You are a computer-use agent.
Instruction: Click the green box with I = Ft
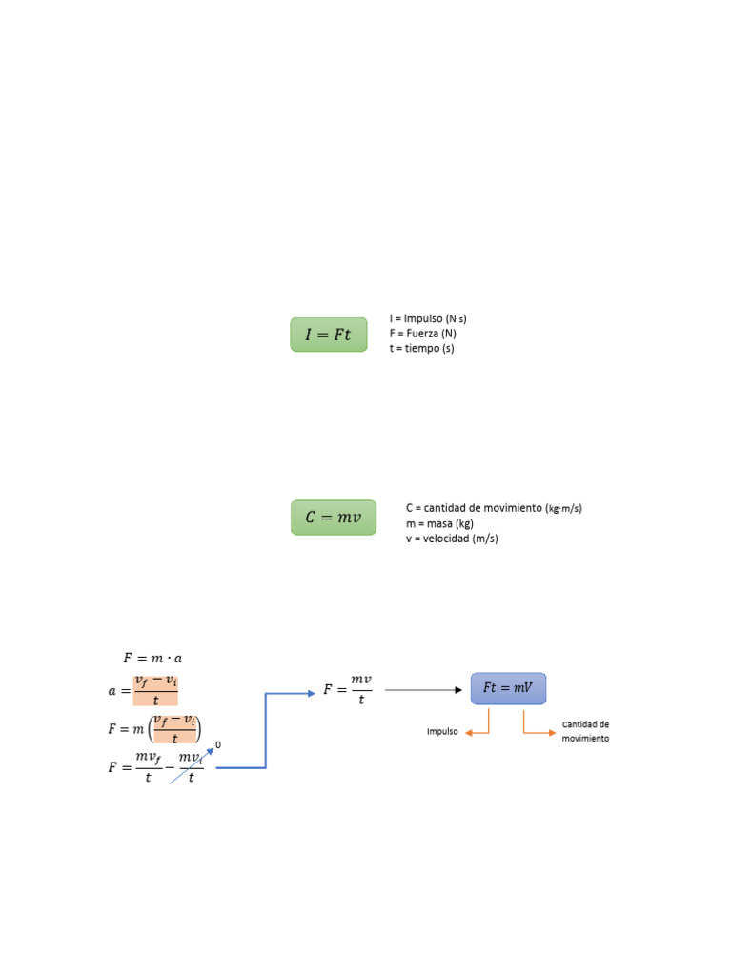click(x=329, y=335)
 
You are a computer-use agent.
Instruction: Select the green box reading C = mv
click(x=334, y=518)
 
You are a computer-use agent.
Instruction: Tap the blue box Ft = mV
click(x=508, y=688)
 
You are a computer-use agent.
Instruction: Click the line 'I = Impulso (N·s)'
click(x=428, y=318)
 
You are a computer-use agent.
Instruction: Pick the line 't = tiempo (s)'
click(x=422, y=349)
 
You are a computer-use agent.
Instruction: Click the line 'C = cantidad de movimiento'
click(x=493, y=508)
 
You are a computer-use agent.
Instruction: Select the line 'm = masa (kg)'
click(x=439, y=523)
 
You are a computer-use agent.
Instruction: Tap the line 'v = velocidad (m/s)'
click(x=452, y=539)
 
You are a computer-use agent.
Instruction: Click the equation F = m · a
click(x=152, y=659)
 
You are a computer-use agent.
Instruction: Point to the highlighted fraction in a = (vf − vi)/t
click(x=155, y=690)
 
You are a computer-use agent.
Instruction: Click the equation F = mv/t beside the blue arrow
click(x=348, y=689)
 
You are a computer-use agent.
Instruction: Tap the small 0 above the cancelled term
click(x=218, y=744)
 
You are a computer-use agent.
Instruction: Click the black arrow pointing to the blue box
click(x=423, y=689)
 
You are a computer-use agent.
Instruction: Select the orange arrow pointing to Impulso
click(x=477, y=728)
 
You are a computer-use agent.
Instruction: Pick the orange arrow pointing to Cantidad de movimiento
click(x=538, y=728)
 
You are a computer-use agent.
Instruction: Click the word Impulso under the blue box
click(x=442, y=732)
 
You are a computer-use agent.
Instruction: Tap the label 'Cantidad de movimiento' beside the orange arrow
click(x=585, y=731)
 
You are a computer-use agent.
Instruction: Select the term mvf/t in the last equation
click(x=148, y=767)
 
